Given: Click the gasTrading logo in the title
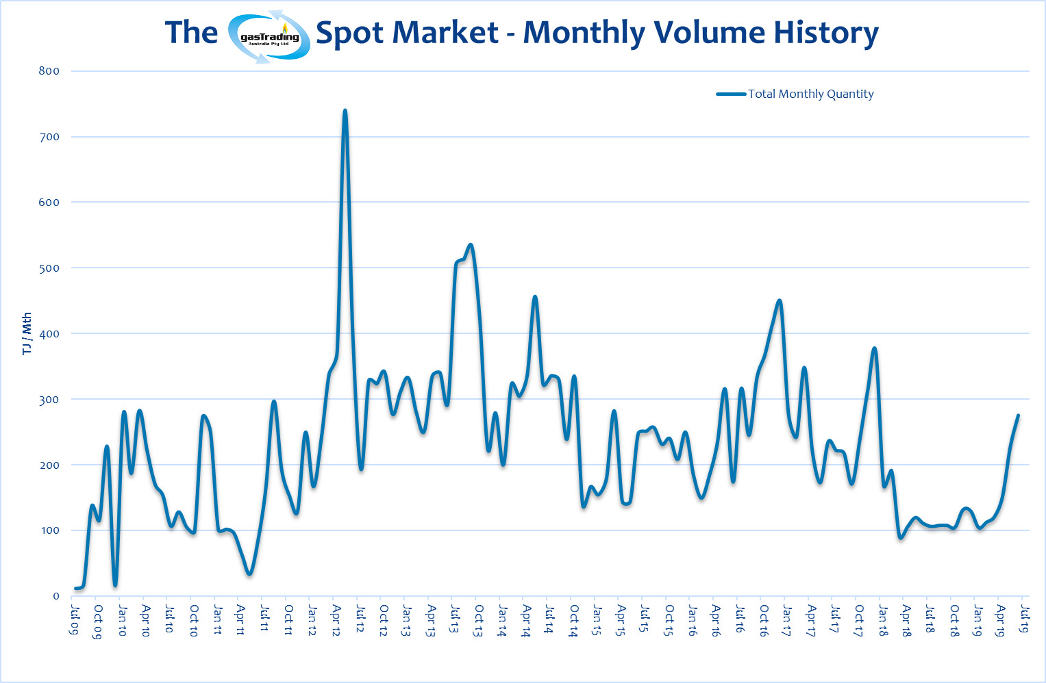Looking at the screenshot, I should point(269,37).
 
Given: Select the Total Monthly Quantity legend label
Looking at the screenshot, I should point(810,94).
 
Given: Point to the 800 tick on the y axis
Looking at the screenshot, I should point(49,71).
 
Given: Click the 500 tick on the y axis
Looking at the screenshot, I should point(49,268).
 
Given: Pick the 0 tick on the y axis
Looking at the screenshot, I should point(56,596).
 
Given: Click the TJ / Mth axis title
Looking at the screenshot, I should point(27,333).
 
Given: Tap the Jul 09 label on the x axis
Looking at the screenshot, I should point(75,619).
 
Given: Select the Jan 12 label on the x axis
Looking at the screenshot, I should point(312,620).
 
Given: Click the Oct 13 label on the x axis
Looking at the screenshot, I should point(479,620).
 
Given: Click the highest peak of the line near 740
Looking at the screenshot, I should point(345,110).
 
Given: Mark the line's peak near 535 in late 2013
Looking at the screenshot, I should point(470,245).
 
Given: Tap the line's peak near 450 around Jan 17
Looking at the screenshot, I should point(780,300).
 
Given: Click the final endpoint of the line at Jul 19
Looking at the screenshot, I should point(1018,415).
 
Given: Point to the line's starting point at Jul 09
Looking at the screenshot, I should point(75,589).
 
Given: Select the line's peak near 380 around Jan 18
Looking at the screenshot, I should point(875,348).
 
